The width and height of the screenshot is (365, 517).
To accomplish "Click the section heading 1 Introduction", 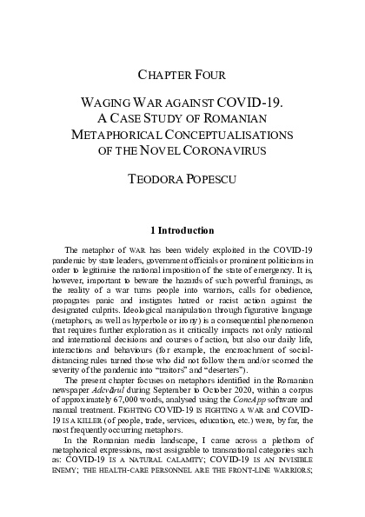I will [x=182, y=231].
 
